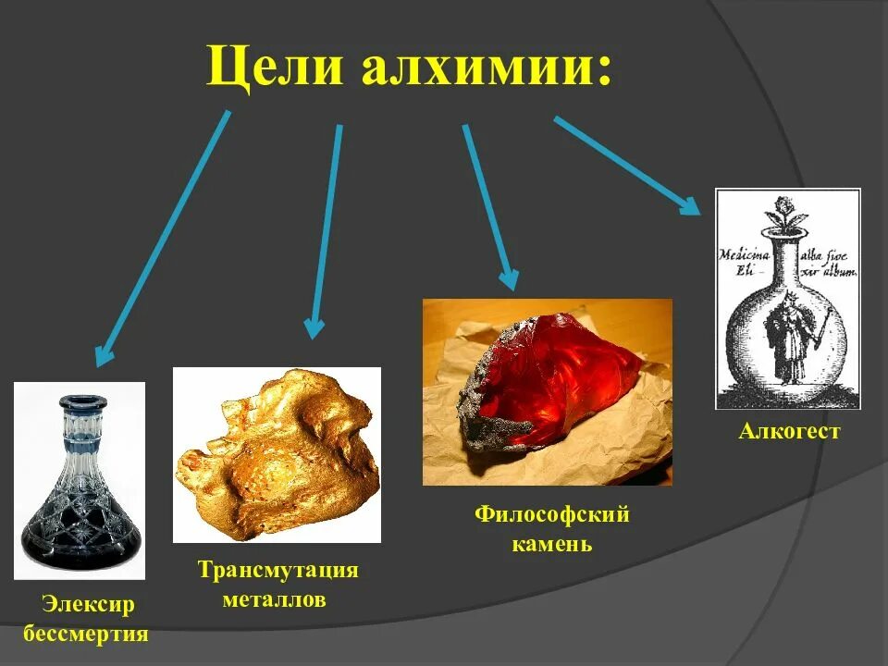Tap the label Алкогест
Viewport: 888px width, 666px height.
pos(788,432)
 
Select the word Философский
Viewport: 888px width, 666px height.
pos(552,514)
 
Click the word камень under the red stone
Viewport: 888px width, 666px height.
pos(551,543)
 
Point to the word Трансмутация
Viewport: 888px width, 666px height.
pos(277,570)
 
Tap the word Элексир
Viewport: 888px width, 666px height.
pos(87,605)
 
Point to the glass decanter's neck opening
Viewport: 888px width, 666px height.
pos(80,403)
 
